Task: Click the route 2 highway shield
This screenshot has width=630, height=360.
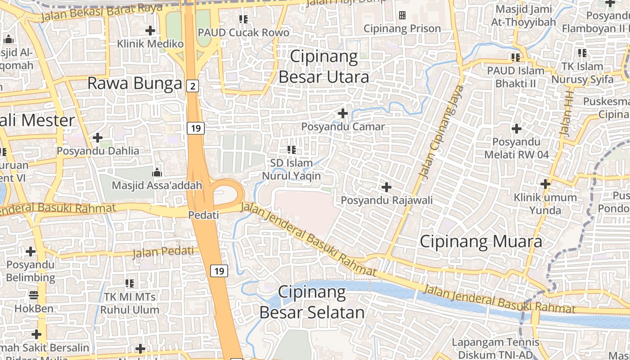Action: pos(193,86)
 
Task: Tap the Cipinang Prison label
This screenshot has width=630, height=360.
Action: pos(402,29)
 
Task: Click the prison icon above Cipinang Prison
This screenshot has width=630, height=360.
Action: pos(402,16)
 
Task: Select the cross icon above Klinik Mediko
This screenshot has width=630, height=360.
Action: pos(150,31)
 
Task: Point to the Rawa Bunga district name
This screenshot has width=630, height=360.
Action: pos(134,83)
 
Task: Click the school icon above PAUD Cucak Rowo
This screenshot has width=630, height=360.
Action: pos(243,19)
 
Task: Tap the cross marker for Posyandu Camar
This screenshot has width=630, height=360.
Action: pos(343,113)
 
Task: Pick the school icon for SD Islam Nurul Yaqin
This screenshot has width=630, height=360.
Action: pos(292,149)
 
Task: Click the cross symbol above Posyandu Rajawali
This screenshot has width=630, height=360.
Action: pos(387,187)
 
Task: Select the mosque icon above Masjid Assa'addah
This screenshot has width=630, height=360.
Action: pos(157,172)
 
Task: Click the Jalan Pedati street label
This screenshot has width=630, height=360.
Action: pos(163,252)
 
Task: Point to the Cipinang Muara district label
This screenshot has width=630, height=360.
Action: pos(481,242)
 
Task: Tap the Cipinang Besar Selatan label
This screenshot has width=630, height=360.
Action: pos(312,302)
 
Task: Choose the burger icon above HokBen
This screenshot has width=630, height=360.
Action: pos(34,296)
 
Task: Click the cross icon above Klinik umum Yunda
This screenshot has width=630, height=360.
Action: pos(545,184)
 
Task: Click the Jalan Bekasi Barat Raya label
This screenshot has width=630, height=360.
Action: pos(101,13)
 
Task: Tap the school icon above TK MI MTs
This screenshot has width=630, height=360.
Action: pos(130,283)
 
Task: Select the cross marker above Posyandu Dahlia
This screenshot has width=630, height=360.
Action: pos(98,138)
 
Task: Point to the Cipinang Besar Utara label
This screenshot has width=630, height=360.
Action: pos(324,67)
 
